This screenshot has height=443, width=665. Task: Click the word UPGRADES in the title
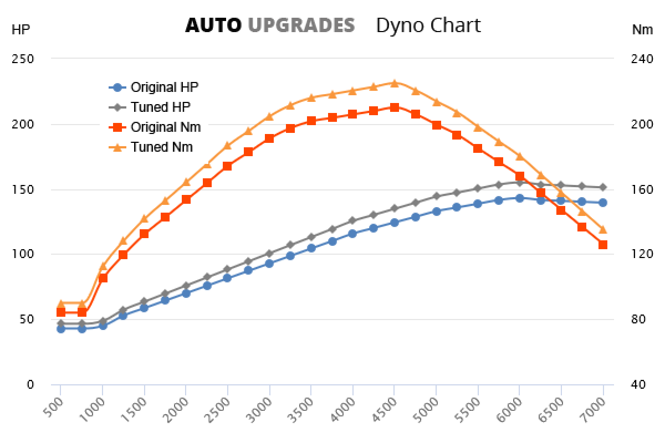point(301,25)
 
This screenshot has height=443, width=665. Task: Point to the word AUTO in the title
point(213,25)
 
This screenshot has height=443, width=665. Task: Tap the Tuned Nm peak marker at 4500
point(394,83)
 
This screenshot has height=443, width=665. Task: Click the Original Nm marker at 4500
point(394,107)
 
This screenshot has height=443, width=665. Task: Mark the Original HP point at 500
point(61,329)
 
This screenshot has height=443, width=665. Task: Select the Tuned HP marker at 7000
point(602,187)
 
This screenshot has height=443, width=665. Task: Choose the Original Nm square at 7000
point(602,245)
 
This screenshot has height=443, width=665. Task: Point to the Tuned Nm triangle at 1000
point(103,266)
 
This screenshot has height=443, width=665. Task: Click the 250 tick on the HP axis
point(23,59)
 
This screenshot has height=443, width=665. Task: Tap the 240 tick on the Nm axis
point(642,59)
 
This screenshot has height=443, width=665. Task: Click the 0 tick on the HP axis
point(30,384)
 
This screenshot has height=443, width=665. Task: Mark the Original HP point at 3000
point(269,264)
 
